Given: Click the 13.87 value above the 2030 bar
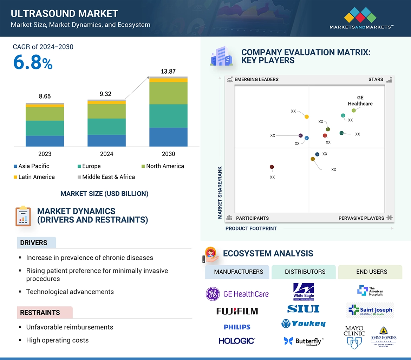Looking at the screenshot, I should [168, 72].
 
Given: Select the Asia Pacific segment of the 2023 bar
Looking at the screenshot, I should [45, 141].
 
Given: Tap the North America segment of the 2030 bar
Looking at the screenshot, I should [168, 93].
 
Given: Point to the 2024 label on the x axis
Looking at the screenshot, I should [106, 154].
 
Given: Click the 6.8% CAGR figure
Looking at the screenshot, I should [33, 62].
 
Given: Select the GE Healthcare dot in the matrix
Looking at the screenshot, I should [354, 110].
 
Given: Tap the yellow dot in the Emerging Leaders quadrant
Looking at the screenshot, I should [306, 116].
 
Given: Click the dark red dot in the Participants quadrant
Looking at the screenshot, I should [272, 167].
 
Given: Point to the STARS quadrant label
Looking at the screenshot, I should [376, 79].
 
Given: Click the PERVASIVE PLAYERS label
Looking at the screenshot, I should [361, 218].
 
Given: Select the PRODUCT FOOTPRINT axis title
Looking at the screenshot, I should [251, 228].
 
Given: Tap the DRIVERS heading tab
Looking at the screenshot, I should [34, 242].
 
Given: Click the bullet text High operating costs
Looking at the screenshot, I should [57, 340].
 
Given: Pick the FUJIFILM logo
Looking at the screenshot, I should [237, 311].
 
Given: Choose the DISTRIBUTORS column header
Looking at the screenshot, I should [305, 272].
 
